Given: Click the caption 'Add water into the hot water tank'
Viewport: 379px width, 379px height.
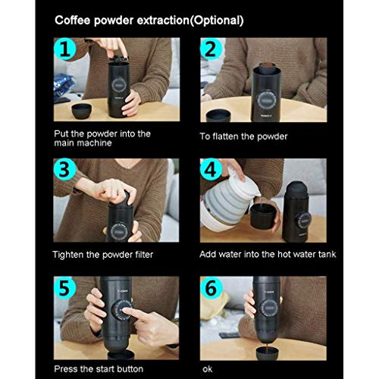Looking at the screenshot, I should (x=268, y=255).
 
